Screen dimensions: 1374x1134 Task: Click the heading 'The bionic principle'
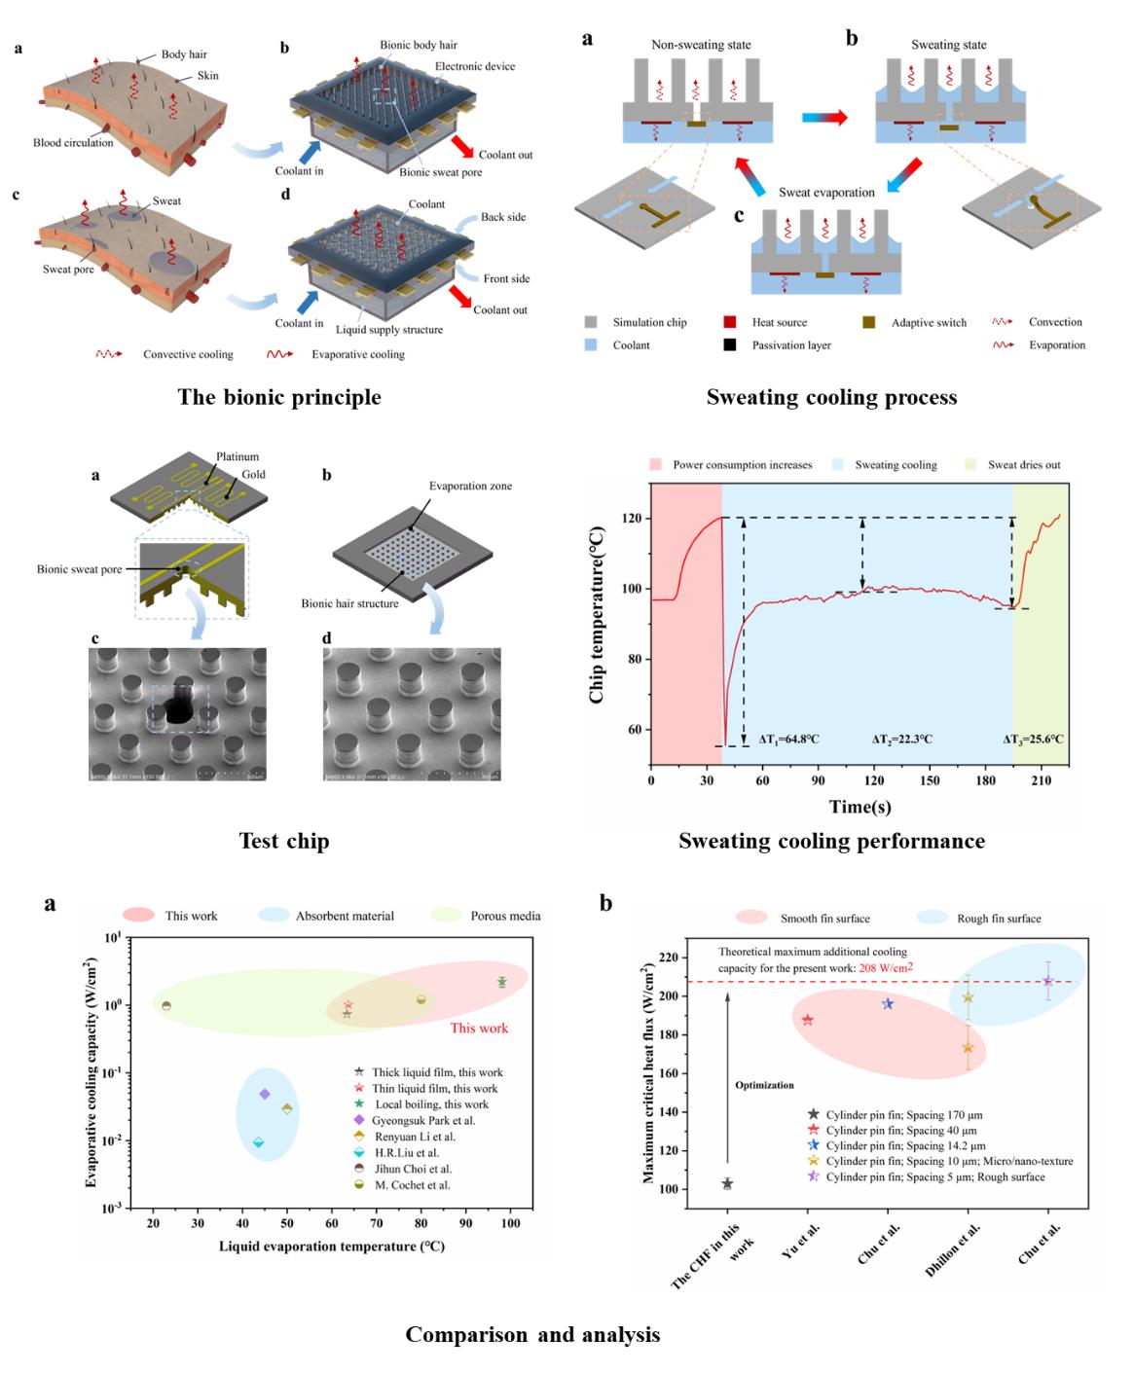pyautogui.click(x=279, y=397)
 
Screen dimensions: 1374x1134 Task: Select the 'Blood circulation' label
pyautogui.click(x=73, y=143)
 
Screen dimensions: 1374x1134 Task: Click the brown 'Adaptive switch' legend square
pyautogui.click(x=869, y=322)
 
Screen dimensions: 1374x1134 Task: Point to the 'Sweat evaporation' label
pyautogui.click(x=826, y=193)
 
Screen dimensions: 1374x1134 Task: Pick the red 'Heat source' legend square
pyautogui.click(x=730, y=322)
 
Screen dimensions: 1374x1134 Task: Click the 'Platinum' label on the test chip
pyautogui.click(x=238, y=456)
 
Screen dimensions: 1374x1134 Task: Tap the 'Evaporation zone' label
pyautogui.click(x=470, y=486)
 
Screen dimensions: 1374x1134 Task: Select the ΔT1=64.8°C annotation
pyautogui.click(x=786, y=740)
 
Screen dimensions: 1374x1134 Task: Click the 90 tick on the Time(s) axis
pyautogui.click(x=819, y=780)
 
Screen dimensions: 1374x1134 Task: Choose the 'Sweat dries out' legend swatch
pyautogui.click(x=970, y=465)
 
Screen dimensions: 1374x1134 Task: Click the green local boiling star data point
pyautogui.click(x=501, y=983)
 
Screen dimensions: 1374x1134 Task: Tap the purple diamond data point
pyautogui.click(x=265, y=1095)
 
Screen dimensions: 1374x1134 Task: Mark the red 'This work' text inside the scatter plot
pyautogui.click(x=479, y=1029)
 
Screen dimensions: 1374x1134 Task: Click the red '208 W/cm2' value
pyautogui.click(x=886, y=968)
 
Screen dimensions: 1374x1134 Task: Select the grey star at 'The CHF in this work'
pyautogui.click(x=727, y=1184)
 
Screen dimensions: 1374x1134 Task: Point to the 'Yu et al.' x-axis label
pyautogui.click(x=801, y=1242)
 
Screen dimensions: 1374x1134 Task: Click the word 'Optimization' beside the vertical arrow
pyautogui.click(x=764, y=1085)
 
